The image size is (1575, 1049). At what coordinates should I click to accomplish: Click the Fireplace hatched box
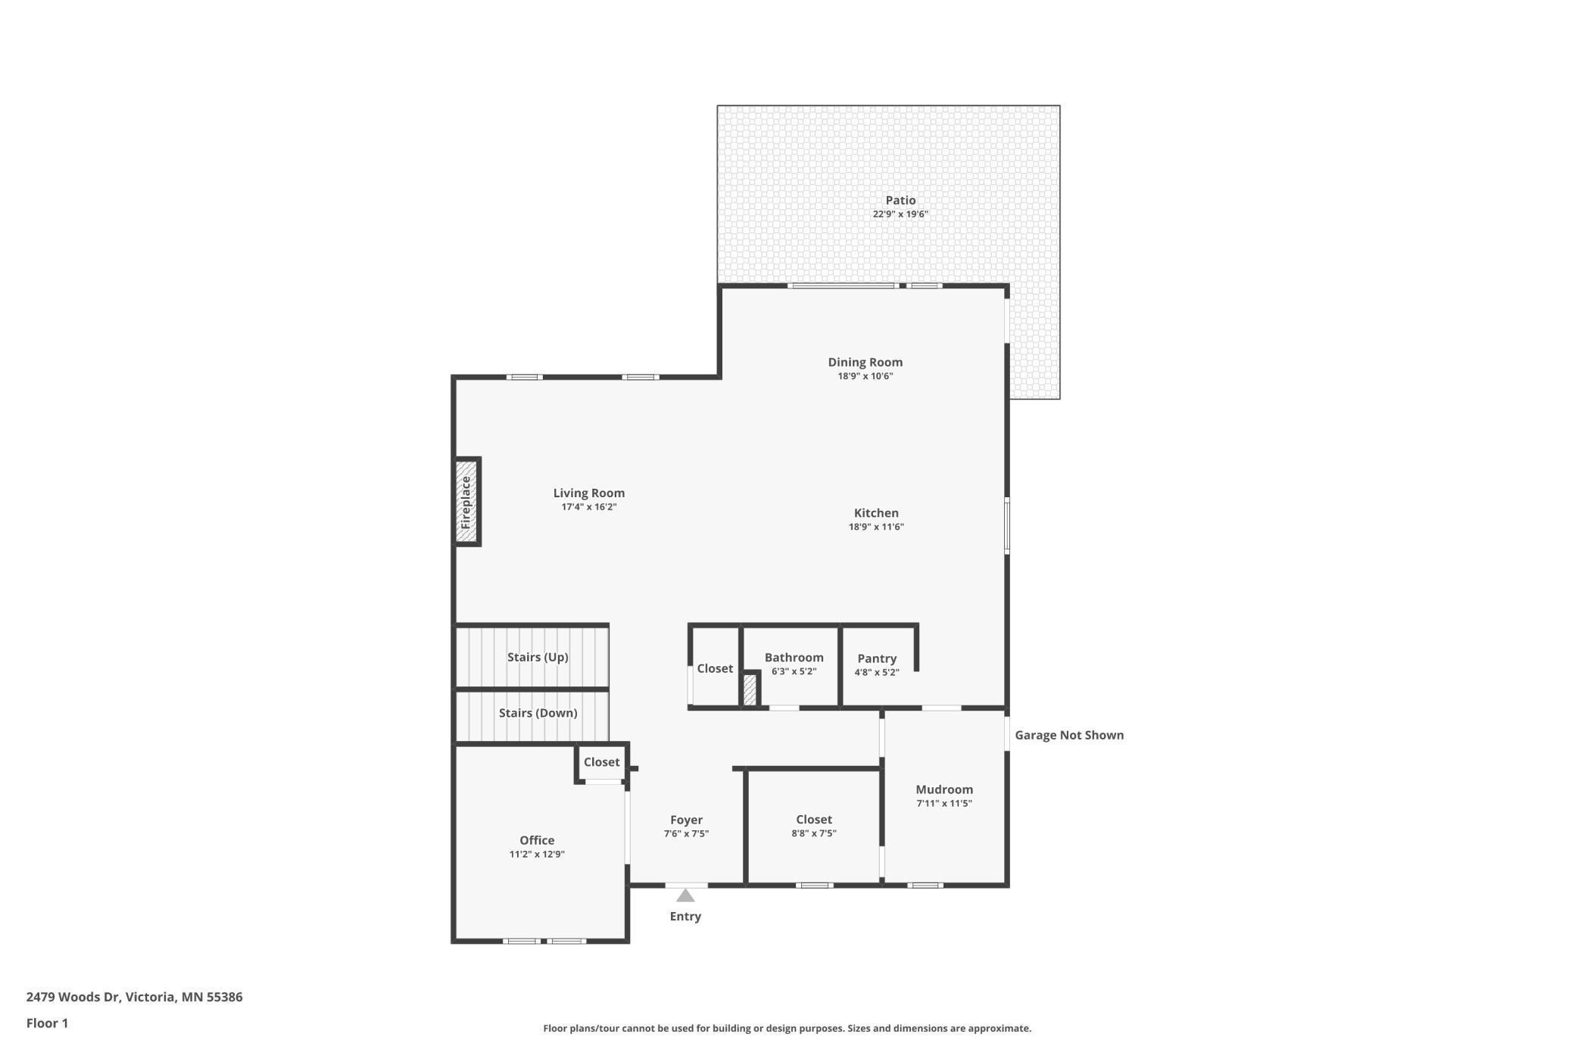point(466,502)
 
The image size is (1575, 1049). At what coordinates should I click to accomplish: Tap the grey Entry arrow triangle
point(685,896)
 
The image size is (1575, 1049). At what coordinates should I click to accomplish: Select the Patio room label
point(900,201)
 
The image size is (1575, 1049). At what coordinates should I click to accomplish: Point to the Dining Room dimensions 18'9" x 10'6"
point(865,376)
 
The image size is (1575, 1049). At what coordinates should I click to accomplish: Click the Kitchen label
point(876,513)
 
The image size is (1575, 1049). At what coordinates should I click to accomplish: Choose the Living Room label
point(588,493)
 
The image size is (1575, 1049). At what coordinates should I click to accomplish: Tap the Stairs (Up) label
point(538,657)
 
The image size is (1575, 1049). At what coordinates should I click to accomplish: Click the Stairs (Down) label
point(538,713)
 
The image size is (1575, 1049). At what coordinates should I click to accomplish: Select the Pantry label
point(877,658)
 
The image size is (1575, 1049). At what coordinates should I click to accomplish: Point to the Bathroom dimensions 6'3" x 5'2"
point(794,671)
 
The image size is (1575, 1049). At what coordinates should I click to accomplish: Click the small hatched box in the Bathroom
point(750,690)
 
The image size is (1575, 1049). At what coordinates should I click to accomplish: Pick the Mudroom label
point(944,789)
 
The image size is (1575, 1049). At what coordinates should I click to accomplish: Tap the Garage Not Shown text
point(1068,735)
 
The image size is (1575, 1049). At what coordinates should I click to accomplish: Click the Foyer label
point(686,820)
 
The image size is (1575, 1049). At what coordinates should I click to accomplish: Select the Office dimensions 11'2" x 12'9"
point(537,854)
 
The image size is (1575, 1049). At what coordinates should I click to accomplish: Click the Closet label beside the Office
point(601,762)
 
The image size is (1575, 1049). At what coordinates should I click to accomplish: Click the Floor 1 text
point(47,1023)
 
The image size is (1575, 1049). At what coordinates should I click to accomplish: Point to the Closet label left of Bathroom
point(715,668)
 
